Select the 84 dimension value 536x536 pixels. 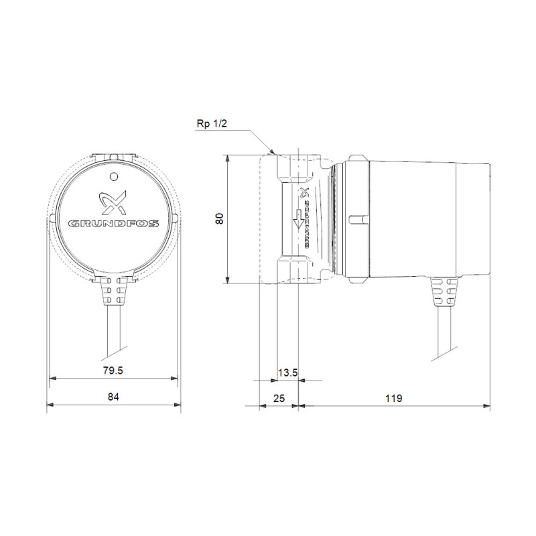click(113, 397)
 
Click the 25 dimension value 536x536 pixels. click(279, 397)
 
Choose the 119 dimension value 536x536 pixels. click(393, 397)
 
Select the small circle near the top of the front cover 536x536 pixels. click(113, 176)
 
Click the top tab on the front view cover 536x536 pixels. click(113, 157)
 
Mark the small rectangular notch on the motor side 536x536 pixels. click(356, 219)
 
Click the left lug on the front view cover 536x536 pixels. click(52, 219)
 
